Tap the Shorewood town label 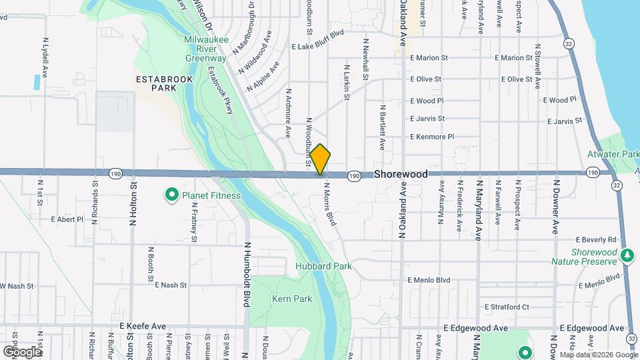[401, 174]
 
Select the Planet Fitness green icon [171, 195]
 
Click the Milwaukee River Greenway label [206, 49]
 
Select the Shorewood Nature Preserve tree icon [627, 255]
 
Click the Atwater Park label [619, 154]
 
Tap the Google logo [22, 351]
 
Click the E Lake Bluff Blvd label [318, 48]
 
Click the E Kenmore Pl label [432, 137]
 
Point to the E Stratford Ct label [507, 307]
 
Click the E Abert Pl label [67, 219]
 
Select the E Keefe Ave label [143, 326]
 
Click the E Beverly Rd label [596, 239]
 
